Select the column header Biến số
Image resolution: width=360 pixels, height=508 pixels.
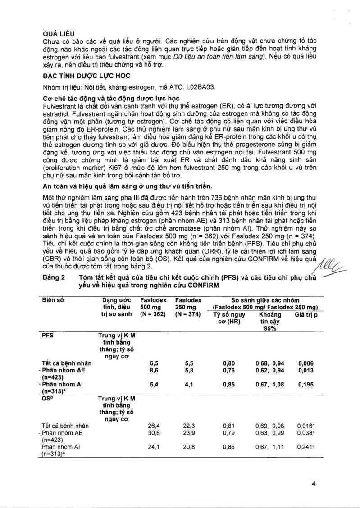[x=53, y=300]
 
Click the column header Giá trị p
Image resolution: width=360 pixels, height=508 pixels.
[x=306, y=314]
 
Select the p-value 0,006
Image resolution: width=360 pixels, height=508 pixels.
[x=305, y=363]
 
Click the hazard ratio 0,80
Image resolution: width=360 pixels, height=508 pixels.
[x=230, y=363]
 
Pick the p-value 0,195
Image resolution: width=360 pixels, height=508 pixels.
[x=305, y=385]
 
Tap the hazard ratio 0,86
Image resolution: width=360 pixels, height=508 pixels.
[x=230, y=447]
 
